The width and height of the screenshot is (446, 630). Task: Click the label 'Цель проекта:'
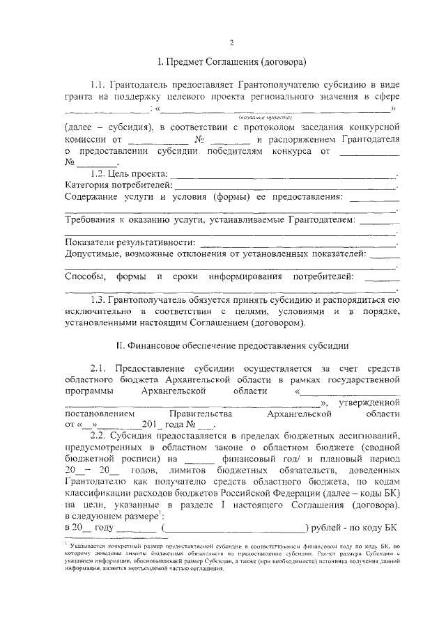139,173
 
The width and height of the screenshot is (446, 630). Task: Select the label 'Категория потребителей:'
118,185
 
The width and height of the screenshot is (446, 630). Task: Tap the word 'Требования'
92,220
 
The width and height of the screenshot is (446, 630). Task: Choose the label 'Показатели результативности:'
129,243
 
